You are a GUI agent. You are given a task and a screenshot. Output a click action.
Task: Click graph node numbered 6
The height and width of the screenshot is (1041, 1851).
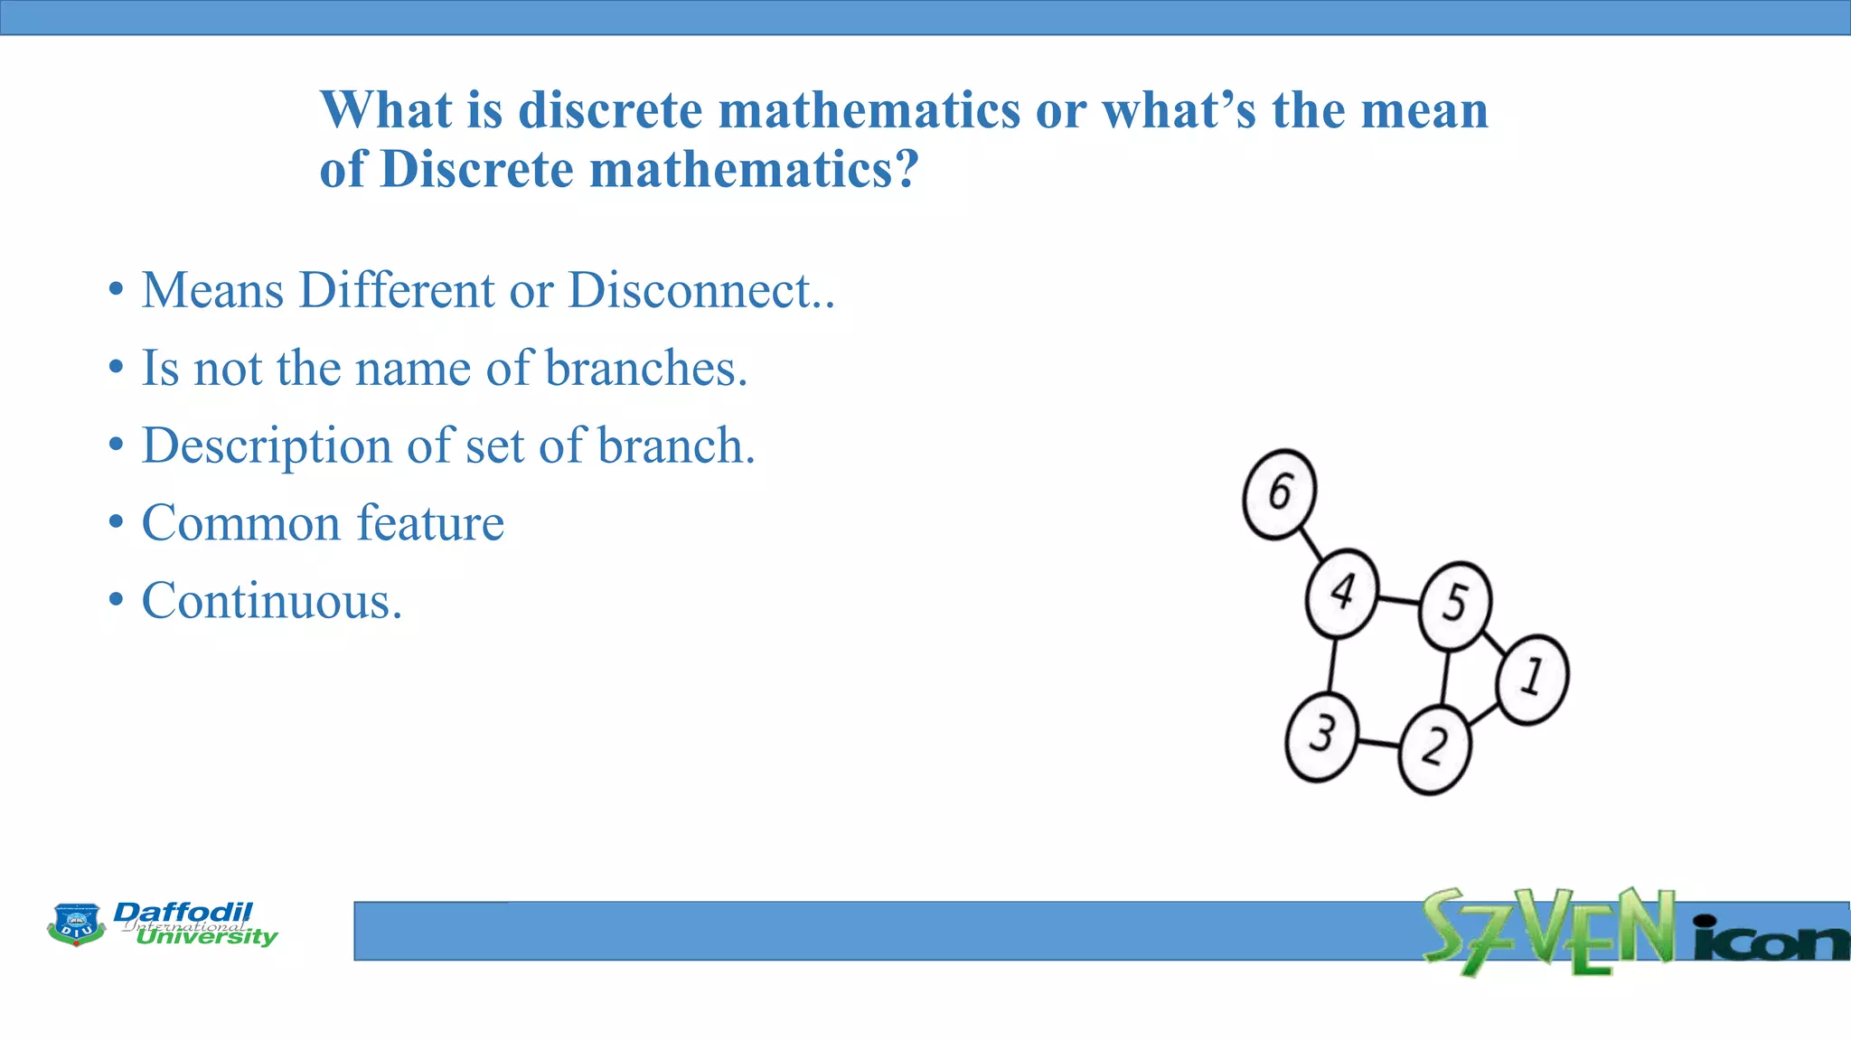point(1279,494)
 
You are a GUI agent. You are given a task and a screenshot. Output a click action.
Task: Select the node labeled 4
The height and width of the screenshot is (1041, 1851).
point(1342,594)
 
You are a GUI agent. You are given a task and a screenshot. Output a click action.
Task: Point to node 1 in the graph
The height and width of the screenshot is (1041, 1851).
point(1532,679)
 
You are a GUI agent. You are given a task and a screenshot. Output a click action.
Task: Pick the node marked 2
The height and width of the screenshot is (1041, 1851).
point(1434,749)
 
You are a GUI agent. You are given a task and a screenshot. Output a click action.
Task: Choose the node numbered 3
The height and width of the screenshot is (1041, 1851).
point(1321,736)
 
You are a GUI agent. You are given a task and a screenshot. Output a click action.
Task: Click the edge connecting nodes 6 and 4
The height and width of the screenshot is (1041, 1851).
point(1311,544)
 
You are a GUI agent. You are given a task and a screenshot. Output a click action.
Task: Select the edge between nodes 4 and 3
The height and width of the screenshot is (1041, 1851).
point(1332,665)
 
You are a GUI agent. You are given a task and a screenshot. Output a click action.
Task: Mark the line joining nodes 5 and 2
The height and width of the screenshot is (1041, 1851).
point(1444,678)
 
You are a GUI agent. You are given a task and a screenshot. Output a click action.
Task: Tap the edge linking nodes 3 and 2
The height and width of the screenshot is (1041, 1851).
point(1377,743)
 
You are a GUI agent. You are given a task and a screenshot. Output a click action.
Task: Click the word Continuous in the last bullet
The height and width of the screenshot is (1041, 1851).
point(271,601)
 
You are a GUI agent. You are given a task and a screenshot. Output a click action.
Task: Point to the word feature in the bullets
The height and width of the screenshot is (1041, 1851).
point(430,523)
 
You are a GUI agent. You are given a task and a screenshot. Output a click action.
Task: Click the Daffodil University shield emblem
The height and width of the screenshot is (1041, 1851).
point(76,924)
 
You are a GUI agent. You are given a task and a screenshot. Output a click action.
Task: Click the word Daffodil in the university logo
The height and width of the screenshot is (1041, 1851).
point(183,912)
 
